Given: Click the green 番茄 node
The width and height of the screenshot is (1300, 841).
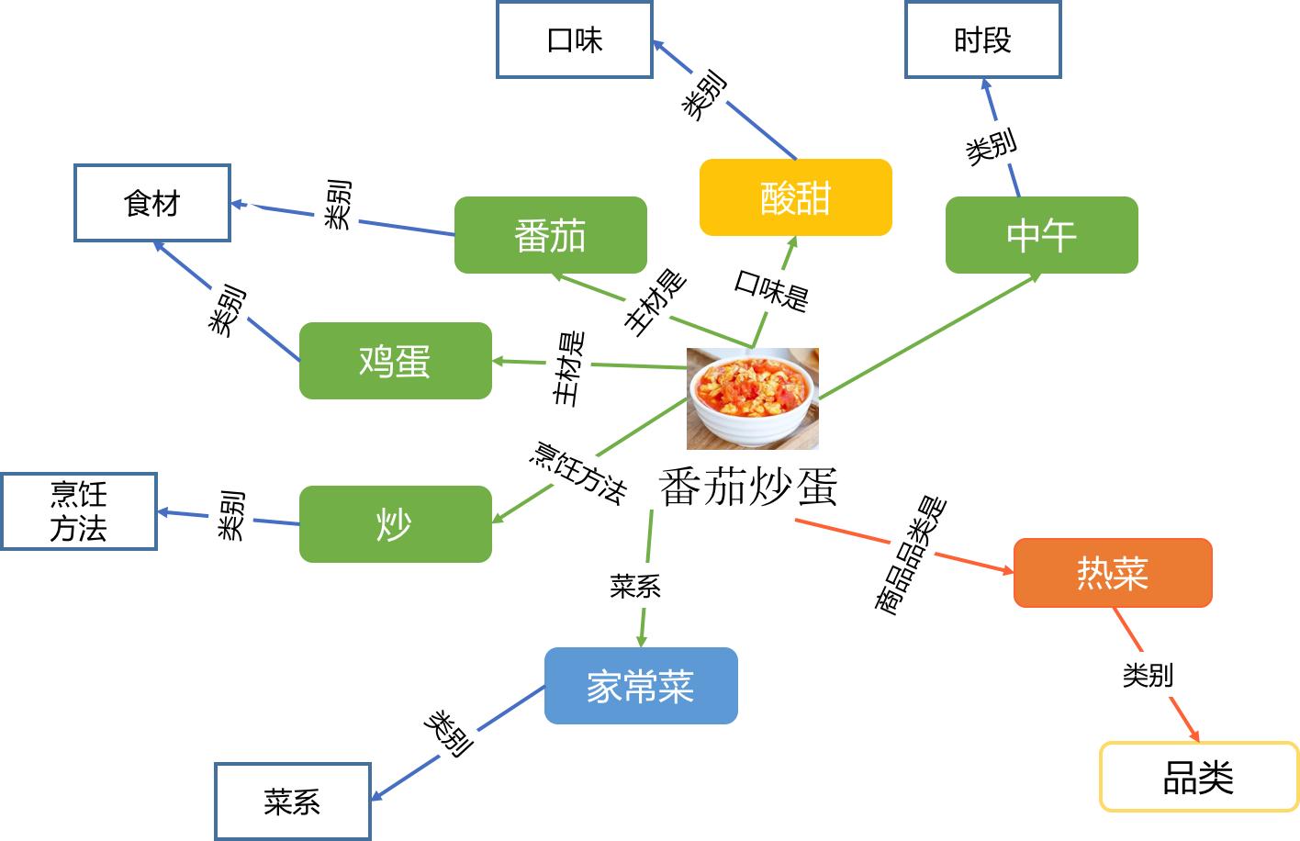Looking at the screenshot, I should [550, 235].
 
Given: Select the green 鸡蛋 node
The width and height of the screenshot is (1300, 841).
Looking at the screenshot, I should [395, 361].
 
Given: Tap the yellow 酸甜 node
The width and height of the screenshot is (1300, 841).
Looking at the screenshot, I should [795, 197].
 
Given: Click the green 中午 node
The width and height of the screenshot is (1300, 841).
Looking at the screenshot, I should [1041, 235].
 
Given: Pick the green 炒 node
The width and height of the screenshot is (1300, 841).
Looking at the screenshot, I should [395, 524].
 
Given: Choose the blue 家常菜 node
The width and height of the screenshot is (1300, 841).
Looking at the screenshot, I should [641, 686].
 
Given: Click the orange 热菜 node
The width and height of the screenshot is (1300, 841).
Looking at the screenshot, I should [1113, 573].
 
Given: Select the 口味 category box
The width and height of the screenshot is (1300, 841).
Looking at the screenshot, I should [575, 39].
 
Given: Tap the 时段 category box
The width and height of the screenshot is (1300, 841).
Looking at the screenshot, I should [982, 39].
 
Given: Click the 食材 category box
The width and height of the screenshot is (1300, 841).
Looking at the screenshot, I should [152, 203].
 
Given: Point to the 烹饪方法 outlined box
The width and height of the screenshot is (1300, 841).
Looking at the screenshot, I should [79, 511].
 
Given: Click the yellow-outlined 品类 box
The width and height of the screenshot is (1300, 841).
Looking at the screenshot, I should [1199, 777].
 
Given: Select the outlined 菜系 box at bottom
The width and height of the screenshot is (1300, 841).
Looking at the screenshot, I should [293, 801].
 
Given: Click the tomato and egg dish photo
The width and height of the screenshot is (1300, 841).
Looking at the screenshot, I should [753, 398].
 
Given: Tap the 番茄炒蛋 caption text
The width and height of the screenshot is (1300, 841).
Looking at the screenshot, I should [748, 487].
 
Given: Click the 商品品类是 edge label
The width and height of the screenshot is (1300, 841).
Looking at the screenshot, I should [910, 555].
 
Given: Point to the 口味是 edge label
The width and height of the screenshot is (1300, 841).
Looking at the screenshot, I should [771, 290].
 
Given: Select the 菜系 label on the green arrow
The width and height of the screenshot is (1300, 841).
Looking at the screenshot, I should [635, 586].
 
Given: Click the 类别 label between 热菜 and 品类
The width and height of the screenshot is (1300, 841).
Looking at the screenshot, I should [1148, 675].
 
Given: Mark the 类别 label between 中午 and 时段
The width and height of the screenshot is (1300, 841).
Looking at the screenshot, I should [992, 146].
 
